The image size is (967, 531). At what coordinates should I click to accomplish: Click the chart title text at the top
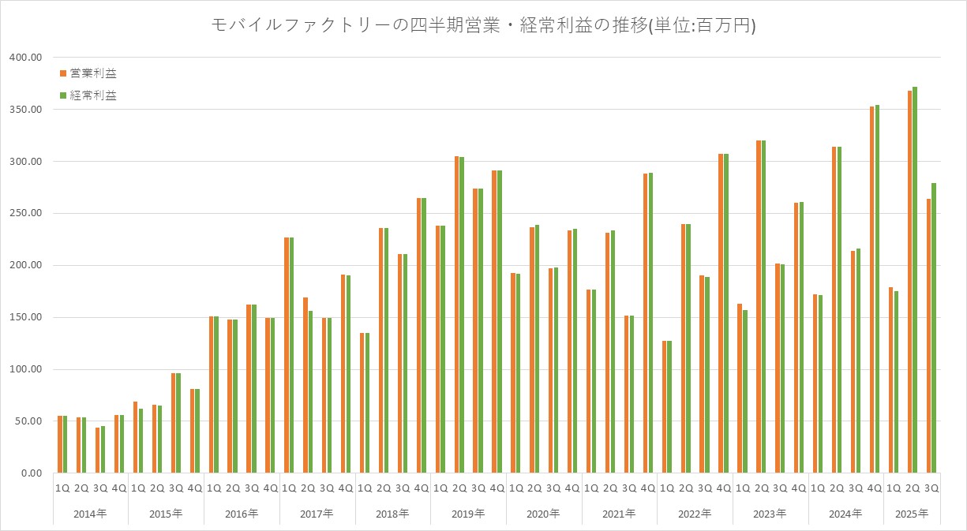pos(483,25)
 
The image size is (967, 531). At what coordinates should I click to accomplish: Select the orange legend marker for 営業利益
pos(63,73)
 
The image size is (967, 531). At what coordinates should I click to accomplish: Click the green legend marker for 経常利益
pos(63,95)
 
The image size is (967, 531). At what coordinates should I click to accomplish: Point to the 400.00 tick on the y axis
pos(26,58)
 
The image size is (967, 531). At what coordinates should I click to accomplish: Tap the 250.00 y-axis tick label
pos(26,214)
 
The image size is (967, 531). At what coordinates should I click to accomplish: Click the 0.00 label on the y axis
pos(30,473)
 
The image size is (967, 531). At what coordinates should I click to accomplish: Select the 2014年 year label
pos(90,514)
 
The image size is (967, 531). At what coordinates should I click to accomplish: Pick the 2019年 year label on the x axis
pos(468,514)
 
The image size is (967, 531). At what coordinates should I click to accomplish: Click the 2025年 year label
pos(912,514)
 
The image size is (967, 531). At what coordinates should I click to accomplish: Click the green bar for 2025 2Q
pos(915,280)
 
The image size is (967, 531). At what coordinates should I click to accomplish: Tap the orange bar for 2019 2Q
pos(457,315)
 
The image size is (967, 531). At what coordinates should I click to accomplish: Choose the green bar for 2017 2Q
pos(310,392)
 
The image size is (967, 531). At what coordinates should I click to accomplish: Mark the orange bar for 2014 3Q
pos(98,451)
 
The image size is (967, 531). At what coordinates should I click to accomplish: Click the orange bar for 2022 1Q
pos(665,407)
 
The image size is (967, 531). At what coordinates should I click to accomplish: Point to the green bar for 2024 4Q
pos(877,289)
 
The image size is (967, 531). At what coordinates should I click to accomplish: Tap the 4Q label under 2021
pos(647,488)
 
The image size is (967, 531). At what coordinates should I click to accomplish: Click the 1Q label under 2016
pos(213,488)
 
